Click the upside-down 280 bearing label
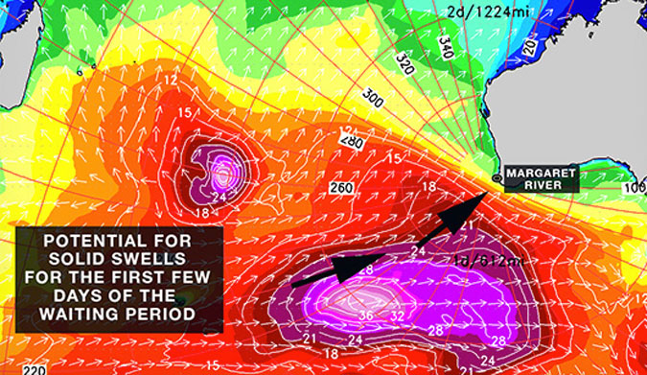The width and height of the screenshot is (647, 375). [x=350, y=138]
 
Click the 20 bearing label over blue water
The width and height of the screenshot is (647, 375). [x=584, y=45]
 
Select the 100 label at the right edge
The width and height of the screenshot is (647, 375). [x=636, y=188]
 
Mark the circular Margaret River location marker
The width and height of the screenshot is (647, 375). [x=496, y=178]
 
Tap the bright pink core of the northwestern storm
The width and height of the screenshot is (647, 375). [x=223, y=173]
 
